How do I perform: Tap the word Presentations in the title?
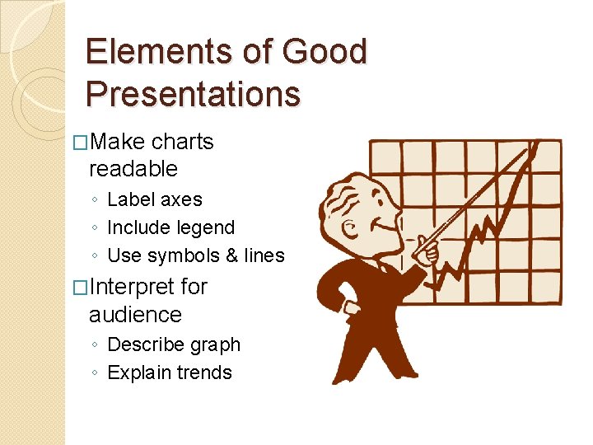pos(193,94)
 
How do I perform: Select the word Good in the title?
pos(324,52)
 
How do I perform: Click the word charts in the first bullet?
pos(182,142)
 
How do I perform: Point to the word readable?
pos(133,169)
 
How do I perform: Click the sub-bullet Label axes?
pos(154,199)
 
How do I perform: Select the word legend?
pos(208,227)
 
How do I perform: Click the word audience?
pos(135,314)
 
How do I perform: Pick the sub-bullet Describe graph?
pos(174,344)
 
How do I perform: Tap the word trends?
pos(205,372)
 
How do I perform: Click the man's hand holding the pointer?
pos(427,250)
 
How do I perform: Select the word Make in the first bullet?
pos(118,142)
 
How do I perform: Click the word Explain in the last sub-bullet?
pos(138,372)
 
